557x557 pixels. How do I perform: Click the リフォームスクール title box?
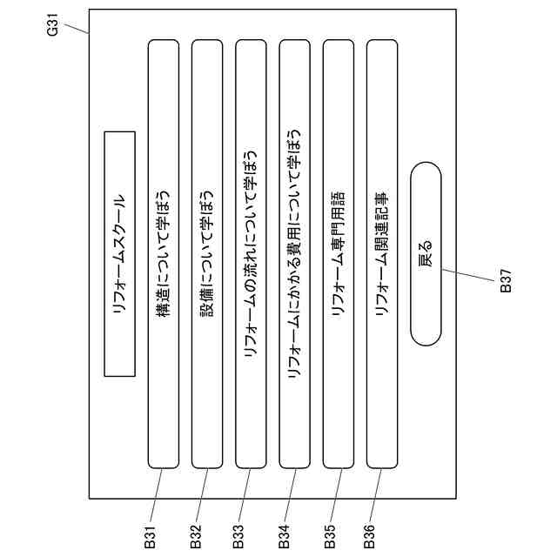click(x=120, y=253)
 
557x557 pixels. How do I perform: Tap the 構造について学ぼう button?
click(x=163, y=253)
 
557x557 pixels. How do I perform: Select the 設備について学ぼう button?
click(x=206, y=253)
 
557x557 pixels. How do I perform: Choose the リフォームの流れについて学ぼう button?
click(x=251, y=253)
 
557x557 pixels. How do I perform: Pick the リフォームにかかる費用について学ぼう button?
click(x=294, y=253)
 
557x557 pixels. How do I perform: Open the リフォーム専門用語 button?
click(x=339, y=253)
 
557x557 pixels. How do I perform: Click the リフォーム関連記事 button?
click(x=382, y=253)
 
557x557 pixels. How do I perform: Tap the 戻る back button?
click(x=426, y=253)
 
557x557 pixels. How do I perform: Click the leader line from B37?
click(x=470, y=277)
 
